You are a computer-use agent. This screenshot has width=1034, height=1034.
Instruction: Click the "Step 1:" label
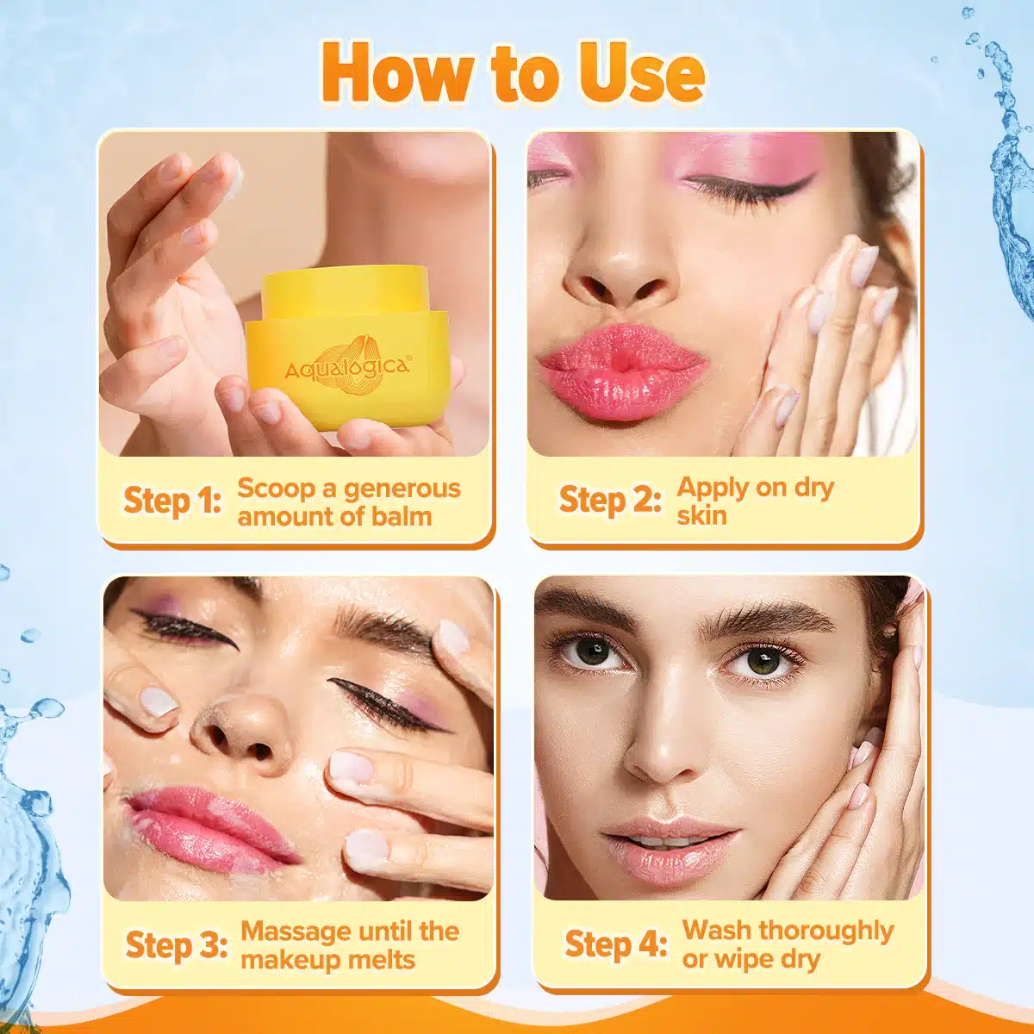[x=172, y=501]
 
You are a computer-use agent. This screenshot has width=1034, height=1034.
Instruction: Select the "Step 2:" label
[x=610, y=500]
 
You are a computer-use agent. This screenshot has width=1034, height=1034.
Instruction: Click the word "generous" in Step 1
[x=402, y=489]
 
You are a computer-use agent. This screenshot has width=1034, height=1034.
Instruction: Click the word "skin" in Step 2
[x=702, y=515]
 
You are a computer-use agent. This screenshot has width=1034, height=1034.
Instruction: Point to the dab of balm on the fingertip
[x=234, y=173]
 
